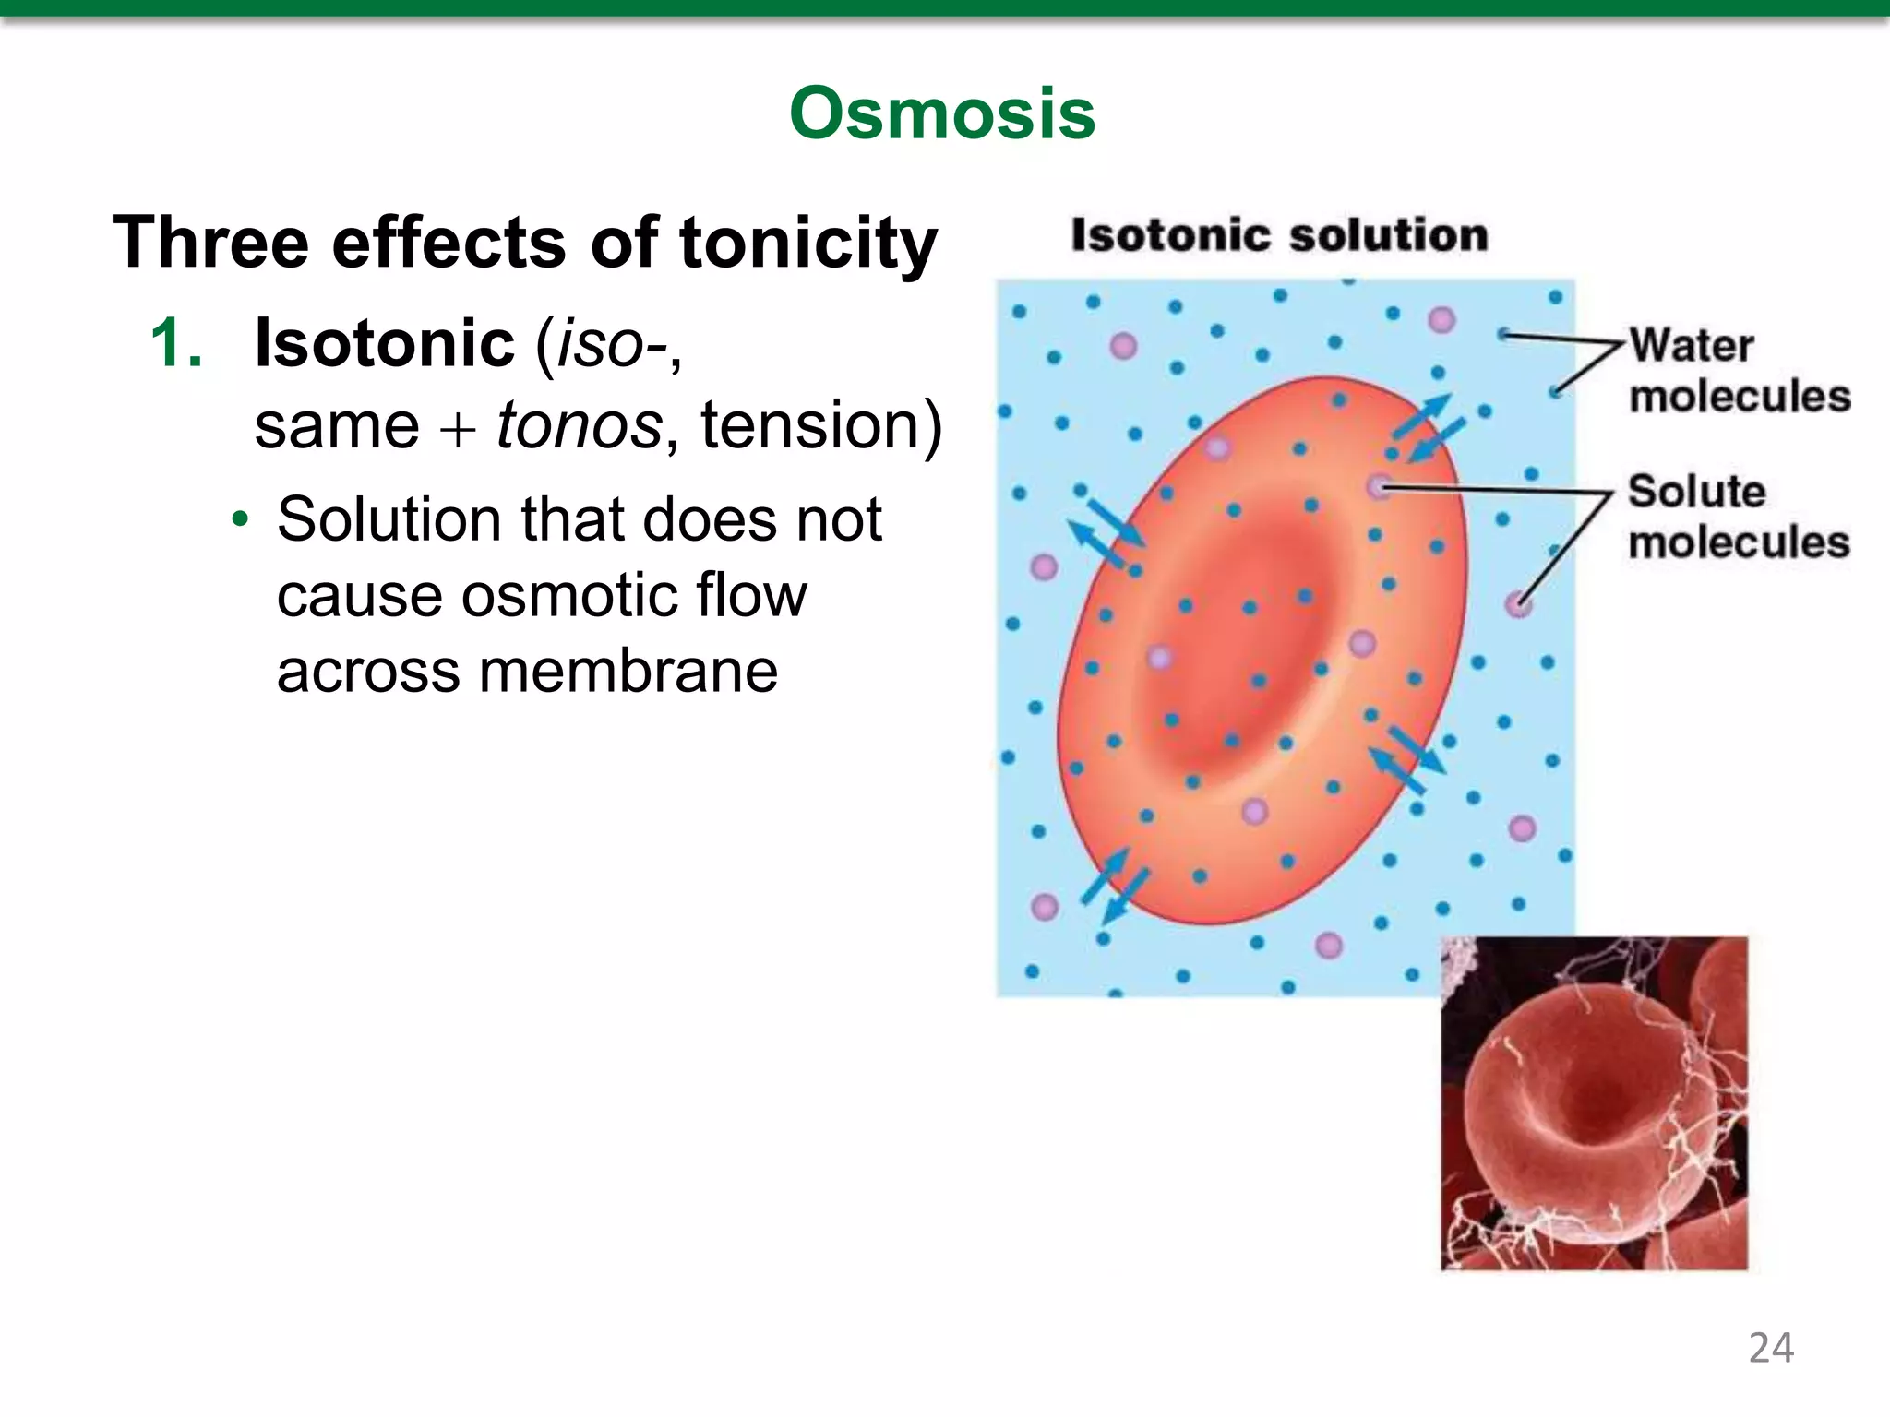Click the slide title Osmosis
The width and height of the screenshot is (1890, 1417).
(942, 113)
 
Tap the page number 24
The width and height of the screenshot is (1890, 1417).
(1771, 1348)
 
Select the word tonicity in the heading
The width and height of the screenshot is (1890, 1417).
(807, 243)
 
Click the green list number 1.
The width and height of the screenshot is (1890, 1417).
(175, 343)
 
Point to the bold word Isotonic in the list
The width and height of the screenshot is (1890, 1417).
(384, 343)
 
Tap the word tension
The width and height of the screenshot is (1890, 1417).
(819, 425)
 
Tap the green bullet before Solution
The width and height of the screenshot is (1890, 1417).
(240, 519)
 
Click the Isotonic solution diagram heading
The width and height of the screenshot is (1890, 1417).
(1279, 235)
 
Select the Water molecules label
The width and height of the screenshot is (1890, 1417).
(1738, 371)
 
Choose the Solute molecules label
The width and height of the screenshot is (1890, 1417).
(1738, 517)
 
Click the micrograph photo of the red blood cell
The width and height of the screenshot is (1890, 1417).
(1594, 1103)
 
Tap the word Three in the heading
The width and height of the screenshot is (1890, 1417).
(210, 243)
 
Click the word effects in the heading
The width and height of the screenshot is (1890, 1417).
(449, 243)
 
